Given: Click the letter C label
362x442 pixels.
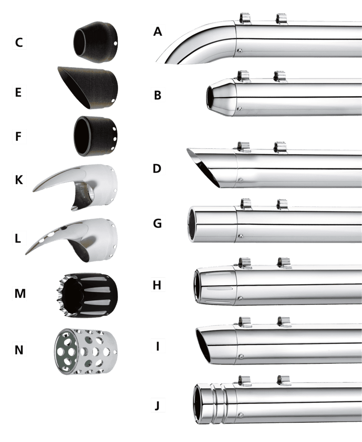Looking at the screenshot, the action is (19, 42).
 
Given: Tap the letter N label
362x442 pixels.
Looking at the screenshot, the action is (19, 350).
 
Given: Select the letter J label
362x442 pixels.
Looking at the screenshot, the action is (158, 406).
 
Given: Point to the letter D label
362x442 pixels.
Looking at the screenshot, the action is (157, 169).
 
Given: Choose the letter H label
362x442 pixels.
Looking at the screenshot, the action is (157, 285).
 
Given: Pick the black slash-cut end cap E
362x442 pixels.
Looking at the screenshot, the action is (88, 87).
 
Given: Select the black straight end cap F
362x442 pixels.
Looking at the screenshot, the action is (96, 136).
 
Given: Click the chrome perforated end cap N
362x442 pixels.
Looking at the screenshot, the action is (86, 351).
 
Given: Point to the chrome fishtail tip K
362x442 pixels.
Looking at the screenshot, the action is (75, 187).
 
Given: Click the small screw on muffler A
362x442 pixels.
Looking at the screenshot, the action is (239, 51).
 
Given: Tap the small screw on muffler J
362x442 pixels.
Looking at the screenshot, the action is (241, 415).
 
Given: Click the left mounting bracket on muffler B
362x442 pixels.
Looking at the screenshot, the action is (243, 76).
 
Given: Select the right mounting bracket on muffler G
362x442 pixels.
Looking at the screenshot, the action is (282, 204).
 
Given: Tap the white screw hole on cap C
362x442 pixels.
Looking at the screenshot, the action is (115, 44).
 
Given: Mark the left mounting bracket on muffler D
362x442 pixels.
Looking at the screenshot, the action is (244, 147).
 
